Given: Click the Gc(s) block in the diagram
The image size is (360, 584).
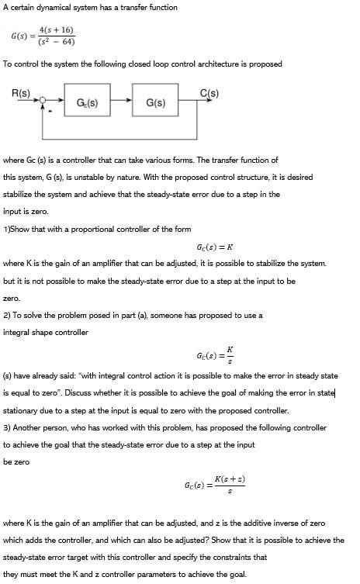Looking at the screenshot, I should coord(87,102).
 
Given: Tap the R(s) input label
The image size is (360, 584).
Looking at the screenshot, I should coord(21,93).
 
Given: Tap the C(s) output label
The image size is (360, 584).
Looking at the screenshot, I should coord(209,93).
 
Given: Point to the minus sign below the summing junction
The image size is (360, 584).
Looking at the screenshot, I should coord(50,112).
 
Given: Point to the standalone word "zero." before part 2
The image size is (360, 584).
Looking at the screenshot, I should coord(12,298).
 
